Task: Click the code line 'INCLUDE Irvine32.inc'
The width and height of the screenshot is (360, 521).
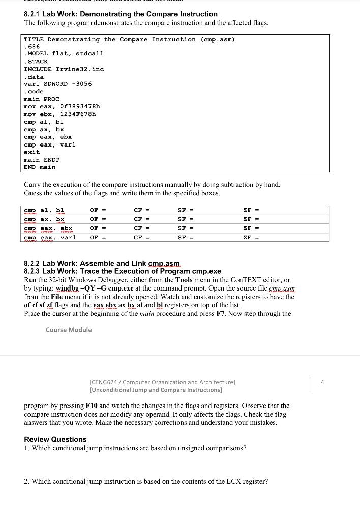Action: click(64, 69)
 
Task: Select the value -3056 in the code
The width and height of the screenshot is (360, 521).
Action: click(81, 84)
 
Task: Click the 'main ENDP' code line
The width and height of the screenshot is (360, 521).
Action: click(42, 159)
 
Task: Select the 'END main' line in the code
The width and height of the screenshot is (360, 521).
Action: click(40, 167)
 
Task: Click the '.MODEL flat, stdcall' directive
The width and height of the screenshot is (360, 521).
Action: click(64, 53)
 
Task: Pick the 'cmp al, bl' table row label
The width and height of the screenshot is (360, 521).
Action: click(44, 210)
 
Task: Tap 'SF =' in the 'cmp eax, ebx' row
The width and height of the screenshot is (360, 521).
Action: click(186, 228)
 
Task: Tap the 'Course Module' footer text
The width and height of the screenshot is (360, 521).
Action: click(69, 330)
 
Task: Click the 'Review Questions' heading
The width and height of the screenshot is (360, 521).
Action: click(55, 439)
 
